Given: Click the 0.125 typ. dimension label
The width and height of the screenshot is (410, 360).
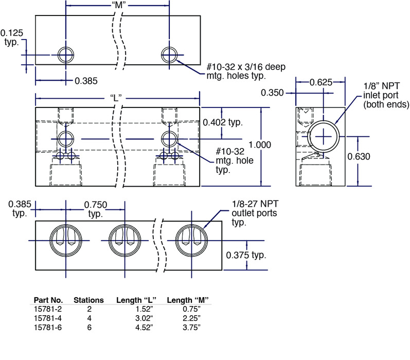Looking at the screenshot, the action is (x=12, y=38).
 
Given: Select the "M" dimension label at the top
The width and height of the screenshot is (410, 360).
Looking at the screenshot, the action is (x=119, y=5).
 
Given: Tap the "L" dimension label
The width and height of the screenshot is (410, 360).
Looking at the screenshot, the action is (x=116, y=98).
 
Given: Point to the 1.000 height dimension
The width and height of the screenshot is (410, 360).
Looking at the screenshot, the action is (x=260, y=145).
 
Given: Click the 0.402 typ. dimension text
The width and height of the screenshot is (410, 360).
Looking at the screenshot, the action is (x=223, y=122).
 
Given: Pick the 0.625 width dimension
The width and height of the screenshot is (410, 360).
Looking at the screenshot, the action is (x=321, y=82).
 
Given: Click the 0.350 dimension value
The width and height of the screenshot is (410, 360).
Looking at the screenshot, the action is (x=272, y=93).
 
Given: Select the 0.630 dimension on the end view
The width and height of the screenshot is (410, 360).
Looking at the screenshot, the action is (x=359, y=156).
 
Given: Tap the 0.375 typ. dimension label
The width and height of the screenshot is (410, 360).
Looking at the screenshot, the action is (x=246, y=255).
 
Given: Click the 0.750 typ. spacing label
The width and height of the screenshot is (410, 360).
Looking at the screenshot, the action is (x=96, y=209).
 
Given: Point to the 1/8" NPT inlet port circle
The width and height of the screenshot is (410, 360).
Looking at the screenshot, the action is (x=324, y=136).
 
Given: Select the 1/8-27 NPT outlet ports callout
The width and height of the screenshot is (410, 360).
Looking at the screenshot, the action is (x=255, y=213).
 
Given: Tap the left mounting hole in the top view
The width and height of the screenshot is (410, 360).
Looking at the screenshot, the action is (x=66, y=55).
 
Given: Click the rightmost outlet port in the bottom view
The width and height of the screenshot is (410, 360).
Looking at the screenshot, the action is (x=192, y=240).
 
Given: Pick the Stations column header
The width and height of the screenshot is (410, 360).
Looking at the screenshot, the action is (x=88, y=300).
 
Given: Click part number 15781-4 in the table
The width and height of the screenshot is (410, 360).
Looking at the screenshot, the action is (x=48, y=318).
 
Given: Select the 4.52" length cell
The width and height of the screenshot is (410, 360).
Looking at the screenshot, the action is (x=144, y=328).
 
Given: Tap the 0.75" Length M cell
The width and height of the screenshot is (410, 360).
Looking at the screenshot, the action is (x=192, y=309).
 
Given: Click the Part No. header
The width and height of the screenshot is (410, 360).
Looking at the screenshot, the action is (x=48, y=300).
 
